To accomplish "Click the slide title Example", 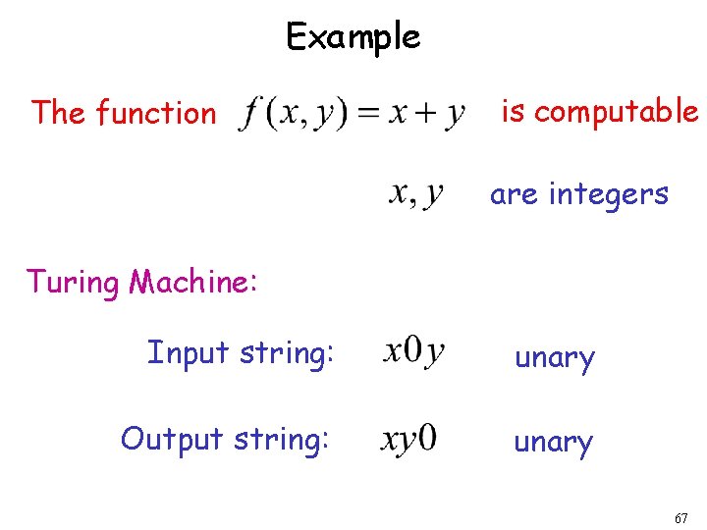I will tap(353, 37).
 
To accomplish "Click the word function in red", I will tap(155, 114).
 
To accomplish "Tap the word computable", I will tap(616, 112).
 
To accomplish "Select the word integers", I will tap(609, 194).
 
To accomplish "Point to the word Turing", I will tap(72, 283).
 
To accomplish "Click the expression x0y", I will tap(414, 350).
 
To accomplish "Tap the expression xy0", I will tap(408, 439).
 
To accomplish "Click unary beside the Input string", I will tap(555, 358).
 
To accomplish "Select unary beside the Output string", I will tap(554, 443).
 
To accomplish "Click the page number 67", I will tap(681, 517).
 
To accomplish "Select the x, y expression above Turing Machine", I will tap(415, 194).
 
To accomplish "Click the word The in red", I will tap(58, 114).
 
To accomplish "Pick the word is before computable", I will tap(513, 112).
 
